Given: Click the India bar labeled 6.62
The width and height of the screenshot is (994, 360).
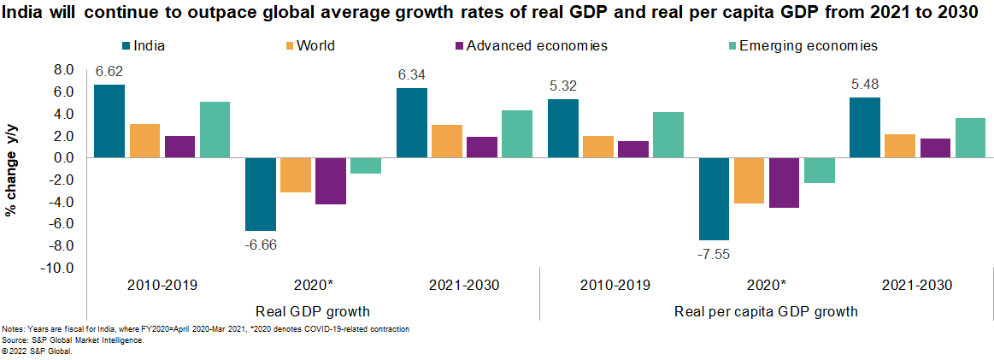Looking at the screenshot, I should pos(109,121).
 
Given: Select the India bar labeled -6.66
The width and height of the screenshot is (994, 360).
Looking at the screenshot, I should pos(262,194).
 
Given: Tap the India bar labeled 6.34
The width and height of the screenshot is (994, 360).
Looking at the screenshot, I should pos(412,123).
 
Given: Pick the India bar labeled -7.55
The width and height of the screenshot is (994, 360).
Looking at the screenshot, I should pos(715,199).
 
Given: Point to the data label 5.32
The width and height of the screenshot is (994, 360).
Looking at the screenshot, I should pos(562,85).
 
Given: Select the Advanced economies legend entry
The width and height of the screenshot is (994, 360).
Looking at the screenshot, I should pos(536,45).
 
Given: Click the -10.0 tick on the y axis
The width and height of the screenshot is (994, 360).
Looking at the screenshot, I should pos(61,268).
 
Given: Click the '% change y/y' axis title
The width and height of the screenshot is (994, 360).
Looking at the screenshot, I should pos(12,169).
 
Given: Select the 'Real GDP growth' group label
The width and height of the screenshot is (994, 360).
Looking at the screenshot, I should pos(313,311).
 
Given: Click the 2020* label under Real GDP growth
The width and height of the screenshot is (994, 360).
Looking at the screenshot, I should pos(312,286).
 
